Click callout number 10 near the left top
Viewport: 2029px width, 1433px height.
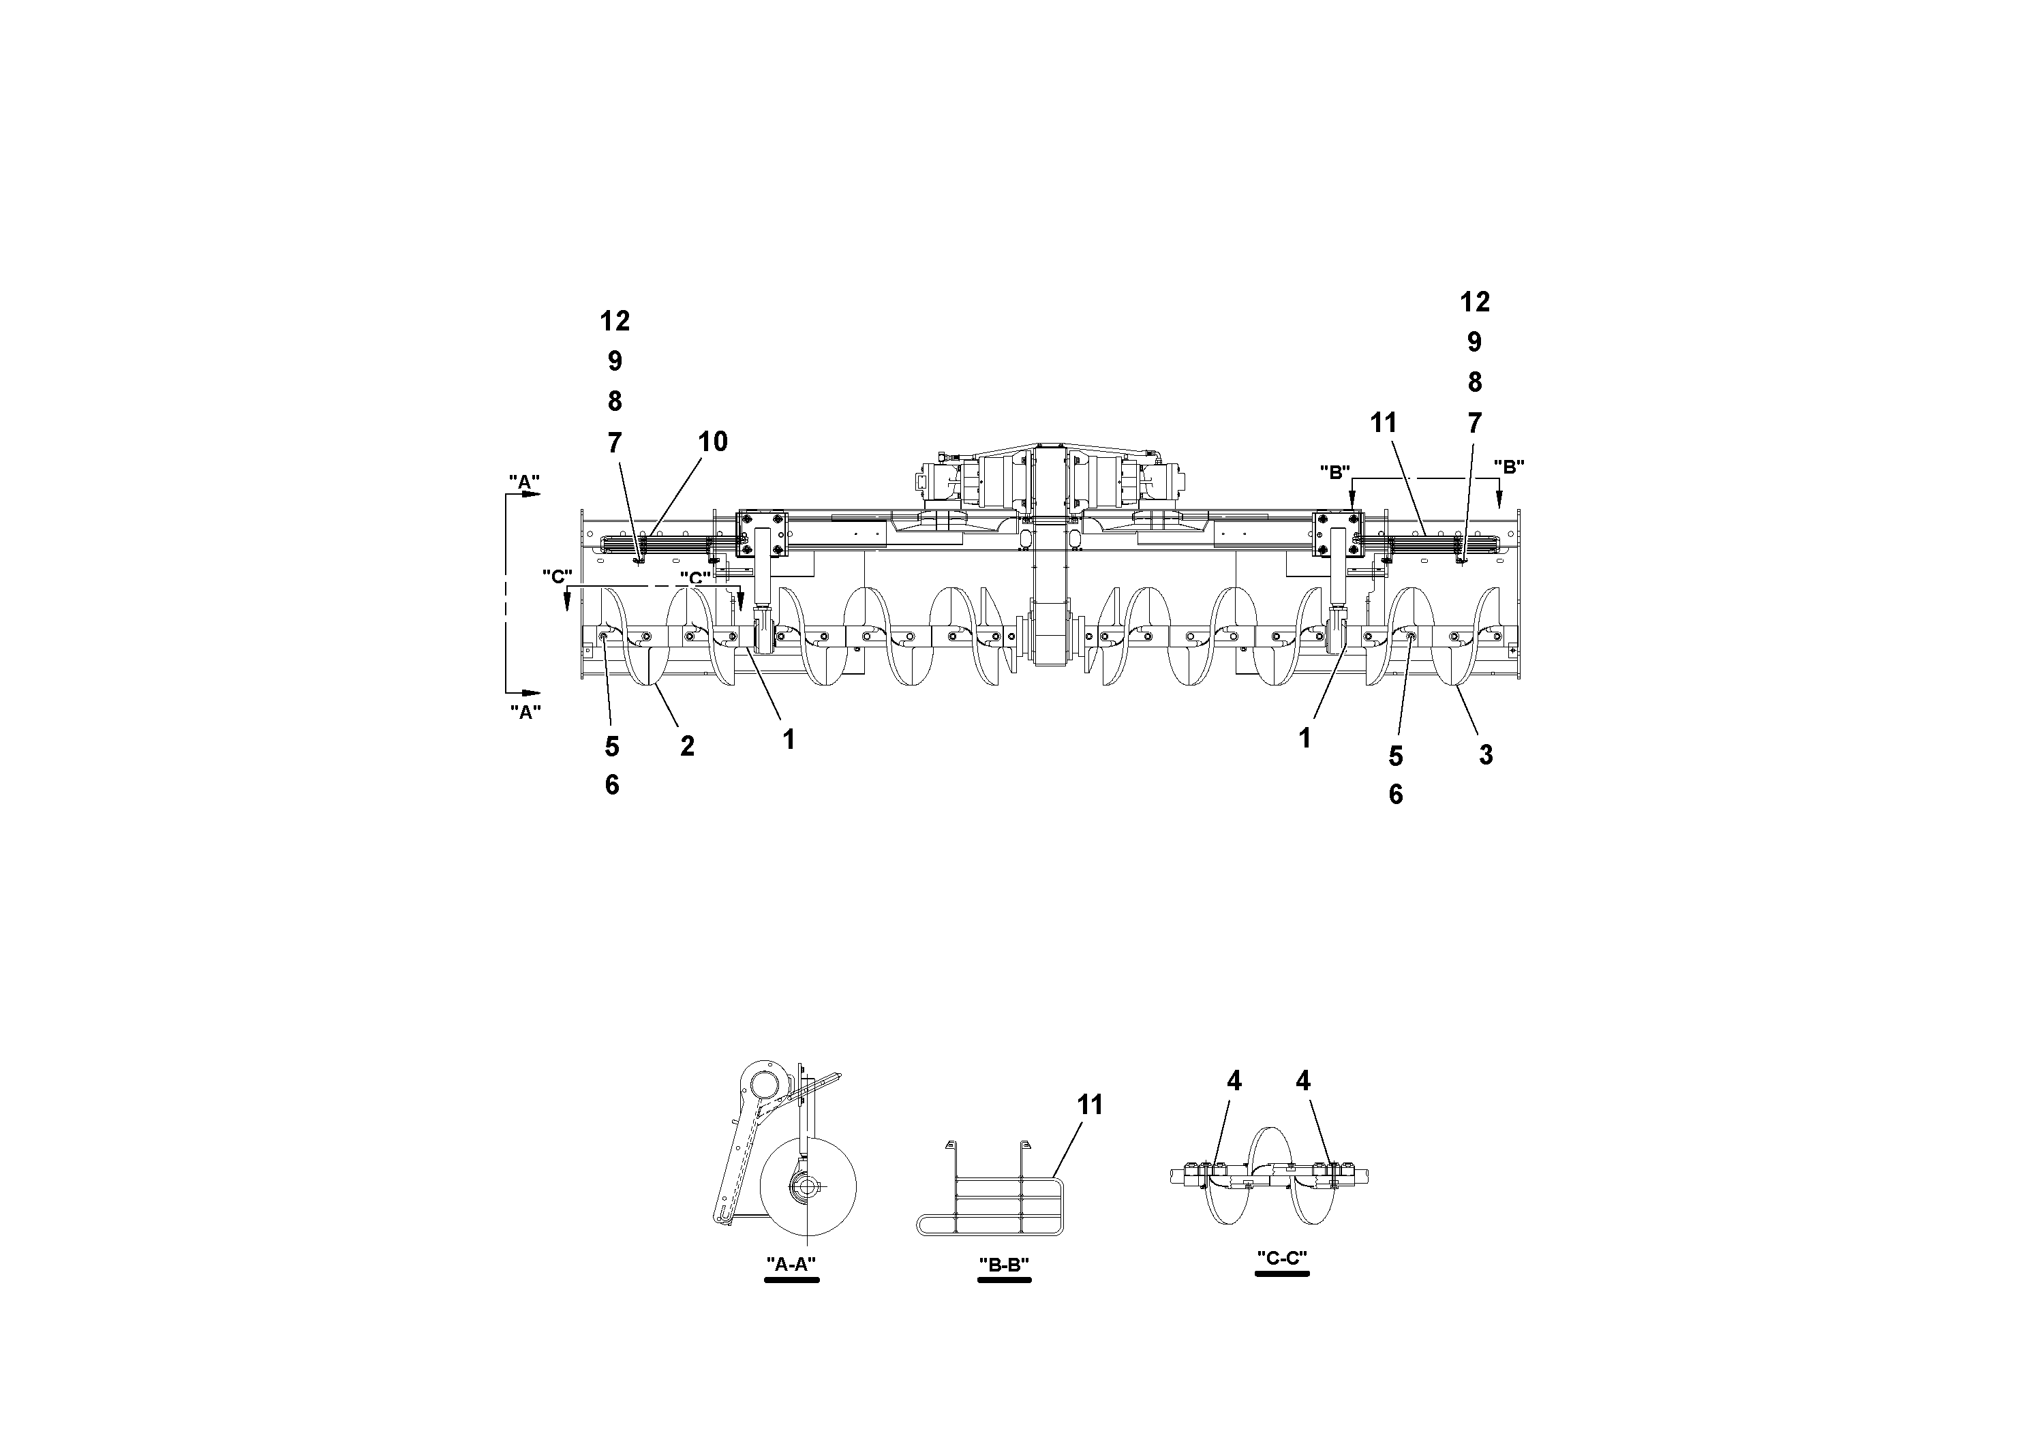coord(712,442)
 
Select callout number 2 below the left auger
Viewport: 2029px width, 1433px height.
coord(686,747)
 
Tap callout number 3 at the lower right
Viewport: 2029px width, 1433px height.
coord(1486,756)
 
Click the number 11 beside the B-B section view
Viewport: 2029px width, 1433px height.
coord(1090,1105)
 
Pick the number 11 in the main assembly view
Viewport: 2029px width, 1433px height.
coord(1383,424)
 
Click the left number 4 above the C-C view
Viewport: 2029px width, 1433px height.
coord(1234,1081)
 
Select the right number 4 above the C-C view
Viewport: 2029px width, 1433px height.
coord(1302,1081)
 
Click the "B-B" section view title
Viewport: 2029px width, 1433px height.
coord(1004,1264)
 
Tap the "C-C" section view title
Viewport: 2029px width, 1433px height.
coord(1281,1258)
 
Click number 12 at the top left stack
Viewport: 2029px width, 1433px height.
coord(615,322)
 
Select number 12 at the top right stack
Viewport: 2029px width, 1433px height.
coord(1474,302)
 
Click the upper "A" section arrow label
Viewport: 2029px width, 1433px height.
coord(524,482)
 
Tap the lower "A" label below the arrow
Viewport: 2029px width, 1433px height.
coord(525,712)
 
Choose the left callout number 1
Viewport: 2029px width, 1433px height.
coord(789,739)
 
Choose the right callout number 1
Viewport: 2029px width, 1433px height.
coord(1305,738)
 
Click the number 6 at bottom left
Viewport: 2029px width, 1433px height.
coord(611,786)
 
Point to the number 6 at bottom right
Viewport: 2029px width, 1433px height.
coord(1395,795)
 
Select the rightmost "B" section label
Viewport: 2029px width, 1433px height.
coord(1508,467)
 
